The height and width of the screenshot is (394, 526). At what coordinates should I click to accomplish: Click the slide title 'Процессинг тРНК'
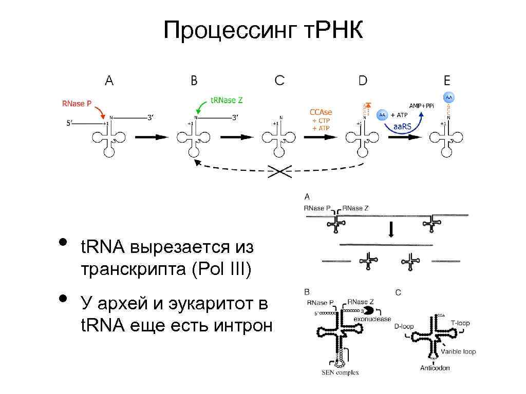click(x=263, y=31)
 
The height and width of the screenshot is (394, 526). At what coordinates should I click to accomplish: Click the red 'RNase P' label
click(x=77, y=103)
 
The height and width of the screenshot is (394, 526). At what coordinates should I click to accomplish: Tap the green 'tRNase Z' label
click(x=227, y=101)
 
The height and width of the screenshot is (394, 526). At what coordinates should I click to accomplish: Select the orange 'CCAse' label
click(x=321, y=112)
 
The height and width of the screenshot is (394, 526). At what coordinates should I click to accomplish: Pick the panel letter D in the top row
click(x=363, y=81)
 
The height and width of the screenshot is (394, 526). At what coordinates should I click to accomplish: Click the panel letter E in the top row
click(x=447, y=81)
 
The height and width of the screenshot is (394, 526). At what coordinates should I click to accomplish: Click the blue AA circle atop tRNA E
click(x=448, y=97)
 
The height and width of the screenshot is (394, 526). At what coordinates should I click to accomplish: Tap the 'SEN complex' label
click(x=340, y=372)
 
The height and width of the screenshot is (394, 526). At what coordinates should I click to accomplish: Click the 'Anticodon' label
click(x=435, y=368)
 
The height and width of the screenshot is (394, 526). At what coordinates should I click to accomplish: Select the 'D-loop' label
click(x=404, y=326)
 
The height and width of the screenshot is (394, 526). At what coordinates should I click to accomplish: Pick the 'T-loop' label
click(x=460, y=323)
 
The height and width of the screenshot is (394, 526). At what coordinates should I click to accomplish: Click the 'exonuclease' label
click(x=372, y=319)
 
